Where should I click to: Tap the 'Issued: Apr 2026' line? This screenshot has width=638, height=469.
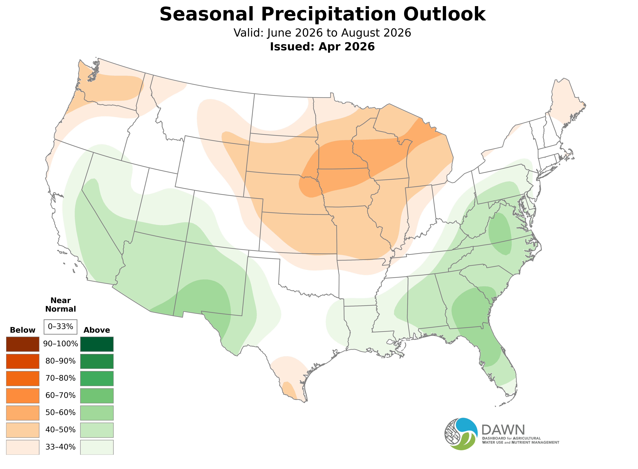pos(322,47)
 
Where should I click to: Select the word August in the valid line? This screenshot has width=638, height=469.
pos(360,33)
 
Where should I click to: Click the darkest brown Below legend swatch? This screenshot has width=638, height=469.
pos(23,344)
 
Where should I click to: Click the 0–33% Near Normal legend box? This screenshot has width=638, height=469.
pos(60,327)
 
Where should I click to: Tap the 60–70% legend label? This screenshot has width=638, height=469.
pos(60,396)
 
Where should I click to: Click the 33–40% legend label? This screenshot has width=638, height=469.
pos(60,447)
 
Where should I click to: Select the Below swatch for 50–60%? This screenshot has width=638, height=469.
pos(23,413)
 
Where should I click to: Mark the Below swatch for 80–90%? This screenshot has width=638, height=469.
pos(23,361)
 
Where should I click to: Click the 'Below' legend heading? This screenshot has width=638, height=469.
pos(23,330)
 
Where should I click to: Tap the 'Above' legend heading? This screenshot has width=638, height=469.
pos(97,330)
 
